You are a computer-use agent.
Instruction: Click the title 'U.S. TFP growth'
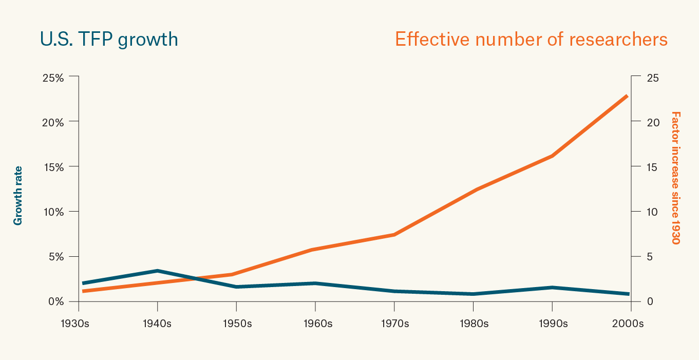tap(109, 40)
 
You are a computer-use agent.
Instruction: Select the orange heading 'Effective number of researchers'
tap(531, 40)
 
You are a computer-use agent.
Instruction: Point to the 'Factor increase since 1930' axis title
tap(675, 178)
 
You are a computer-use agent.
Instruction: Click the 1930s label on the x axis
tap(78, 324)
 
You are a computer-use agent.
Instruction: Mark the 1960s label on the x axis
tap(315, 324)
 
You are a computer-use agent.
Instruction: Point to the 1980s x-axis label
tap(473, 324)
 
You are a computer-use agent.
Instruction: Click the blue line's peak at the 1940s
tap(157, 271)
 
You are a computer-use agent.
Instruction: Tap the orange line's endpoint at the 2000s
tap(627, 96)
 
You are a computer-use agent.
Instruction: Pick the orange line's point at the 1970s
tap(394, 235)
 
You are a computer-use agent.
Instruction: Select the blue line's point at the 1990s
tap(552, 288)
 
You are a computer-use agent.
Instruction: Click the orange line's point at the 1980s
tap(473, 190)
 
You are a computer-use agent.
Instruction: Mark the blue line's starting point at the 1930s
tap(83, 283)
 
